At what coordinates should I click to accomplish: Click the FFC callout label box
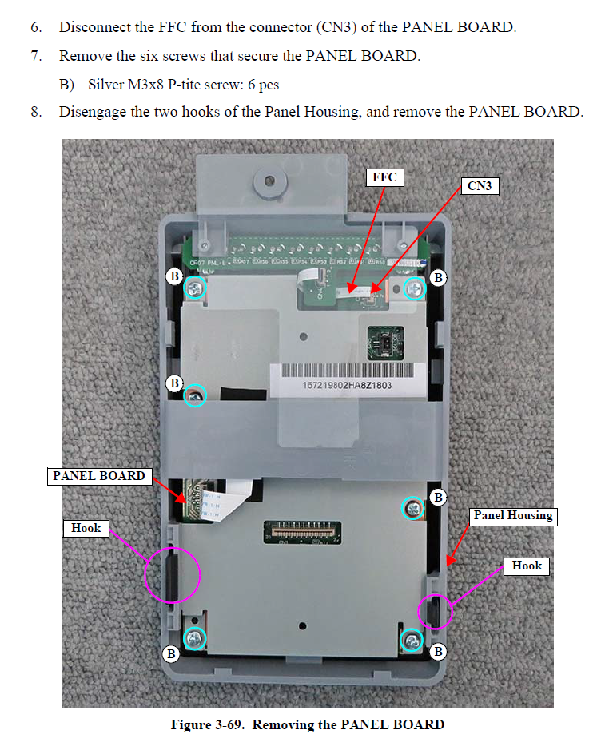coord(384,177)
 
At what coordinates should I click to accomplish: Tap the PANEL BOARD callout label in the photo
coord(99,476)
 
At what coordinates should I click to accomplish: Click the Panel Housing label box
coord(512,516)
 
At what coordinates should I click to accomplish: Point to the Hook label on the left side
coord(86,528)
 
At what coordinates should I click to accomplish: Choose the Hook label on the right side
coord(527,565)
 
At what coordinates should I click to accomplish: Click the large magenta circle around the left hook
coord(172,573)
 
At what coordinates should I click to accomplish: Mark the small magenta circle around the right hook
coord(436,611)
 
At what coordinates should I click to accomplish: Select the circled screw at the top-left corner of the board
coord(195,288)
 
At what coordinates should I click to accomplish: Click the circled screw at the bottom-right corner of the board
coord(412,639)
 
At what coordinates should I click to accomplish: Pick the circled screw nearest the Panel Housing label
coord(412,508)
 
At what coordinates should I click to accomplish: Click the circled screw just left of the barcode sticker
coord(195,395)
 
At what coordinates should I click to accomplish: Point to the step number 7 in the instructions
coord(36,56)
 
